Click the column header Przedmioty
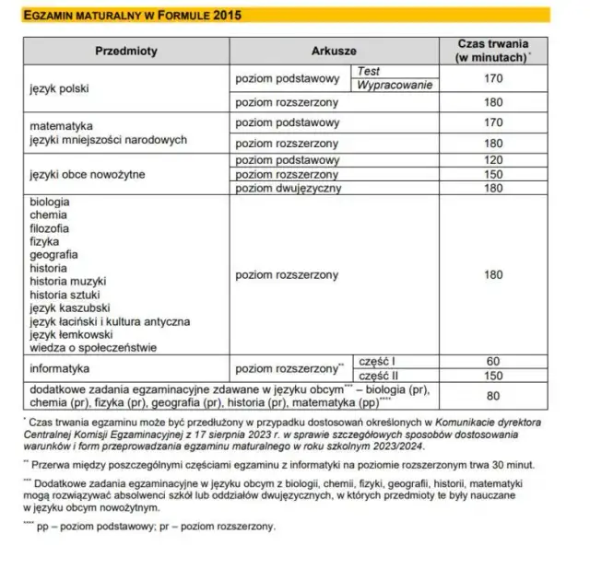pos(124,52)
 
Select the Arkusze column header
pos(334,52)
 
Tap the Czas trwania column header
pos(492,52)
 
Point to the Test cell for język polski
pos(369,71)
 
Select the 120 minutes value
pos(493,159)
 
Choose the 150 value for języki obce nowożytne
pos(493,174)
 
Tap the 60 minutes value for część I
pos(493,361)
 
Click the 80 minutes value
pos(493,396)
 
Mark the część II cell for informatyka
pos(379,376)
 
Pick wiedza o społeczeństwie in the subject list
pos(93,347)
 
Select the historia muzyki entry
pos(68,281)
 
